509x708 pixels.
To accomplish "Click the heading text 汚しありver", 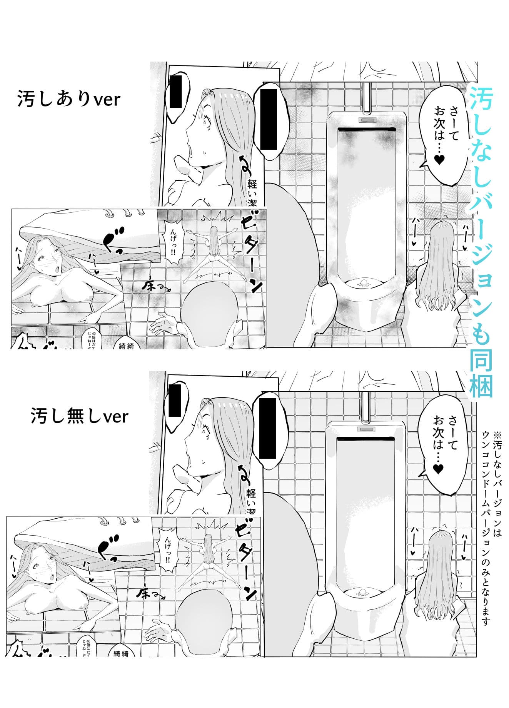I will point(69,99).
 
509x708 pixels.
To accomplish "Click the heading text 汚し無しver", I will point(79,416).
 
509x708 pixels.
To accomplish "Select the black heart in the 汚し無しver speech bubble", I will point(438,469).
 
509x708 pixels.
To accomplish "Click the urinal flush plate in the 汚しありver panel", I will point(367,119).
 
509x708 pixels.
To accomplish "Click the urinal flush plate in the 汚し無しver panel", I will point(366,429).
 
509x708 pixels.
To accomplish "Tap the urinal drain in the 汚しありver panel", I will point(363,284).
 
